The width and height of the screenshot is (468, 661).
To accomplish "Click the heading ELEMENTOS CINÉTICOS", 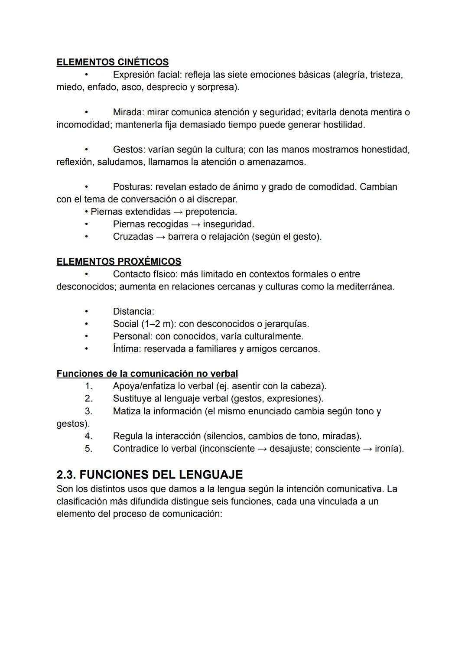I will (x=112, y=62).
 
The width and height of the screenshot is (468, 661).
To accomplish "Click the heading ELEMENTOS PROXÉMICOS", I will (x=119, y=262).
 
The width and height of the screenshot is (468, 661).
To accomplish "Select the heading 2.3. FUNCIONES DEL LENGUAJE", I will (x=149, y=475).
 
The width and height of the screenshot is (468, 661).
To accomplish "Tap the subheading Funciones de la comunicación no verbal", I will (x=147, y=374).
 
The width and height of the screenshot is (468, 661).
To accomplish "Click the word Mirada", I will (x=128, y=112).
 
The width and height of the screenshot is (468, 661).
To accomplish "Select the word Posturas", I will (x=131, y=187).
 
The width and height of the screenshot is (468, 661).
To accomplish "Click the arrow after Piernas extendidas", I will (x=178, y=212).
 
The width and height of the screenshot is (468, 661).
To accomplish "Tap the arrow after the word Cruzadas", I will (x=160, y=237).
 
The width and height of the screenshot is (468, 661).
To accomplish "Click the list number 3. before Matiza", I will (x=88, y=411).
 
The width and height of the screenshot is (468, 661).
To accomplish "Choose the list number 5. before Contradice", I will (x=88, y=449).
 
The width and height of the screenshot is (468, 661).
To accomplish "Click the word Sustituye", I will (x=132, y=398).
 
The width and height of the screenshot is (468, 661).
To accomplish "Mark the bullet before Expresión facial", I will (x=87, y=75).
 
